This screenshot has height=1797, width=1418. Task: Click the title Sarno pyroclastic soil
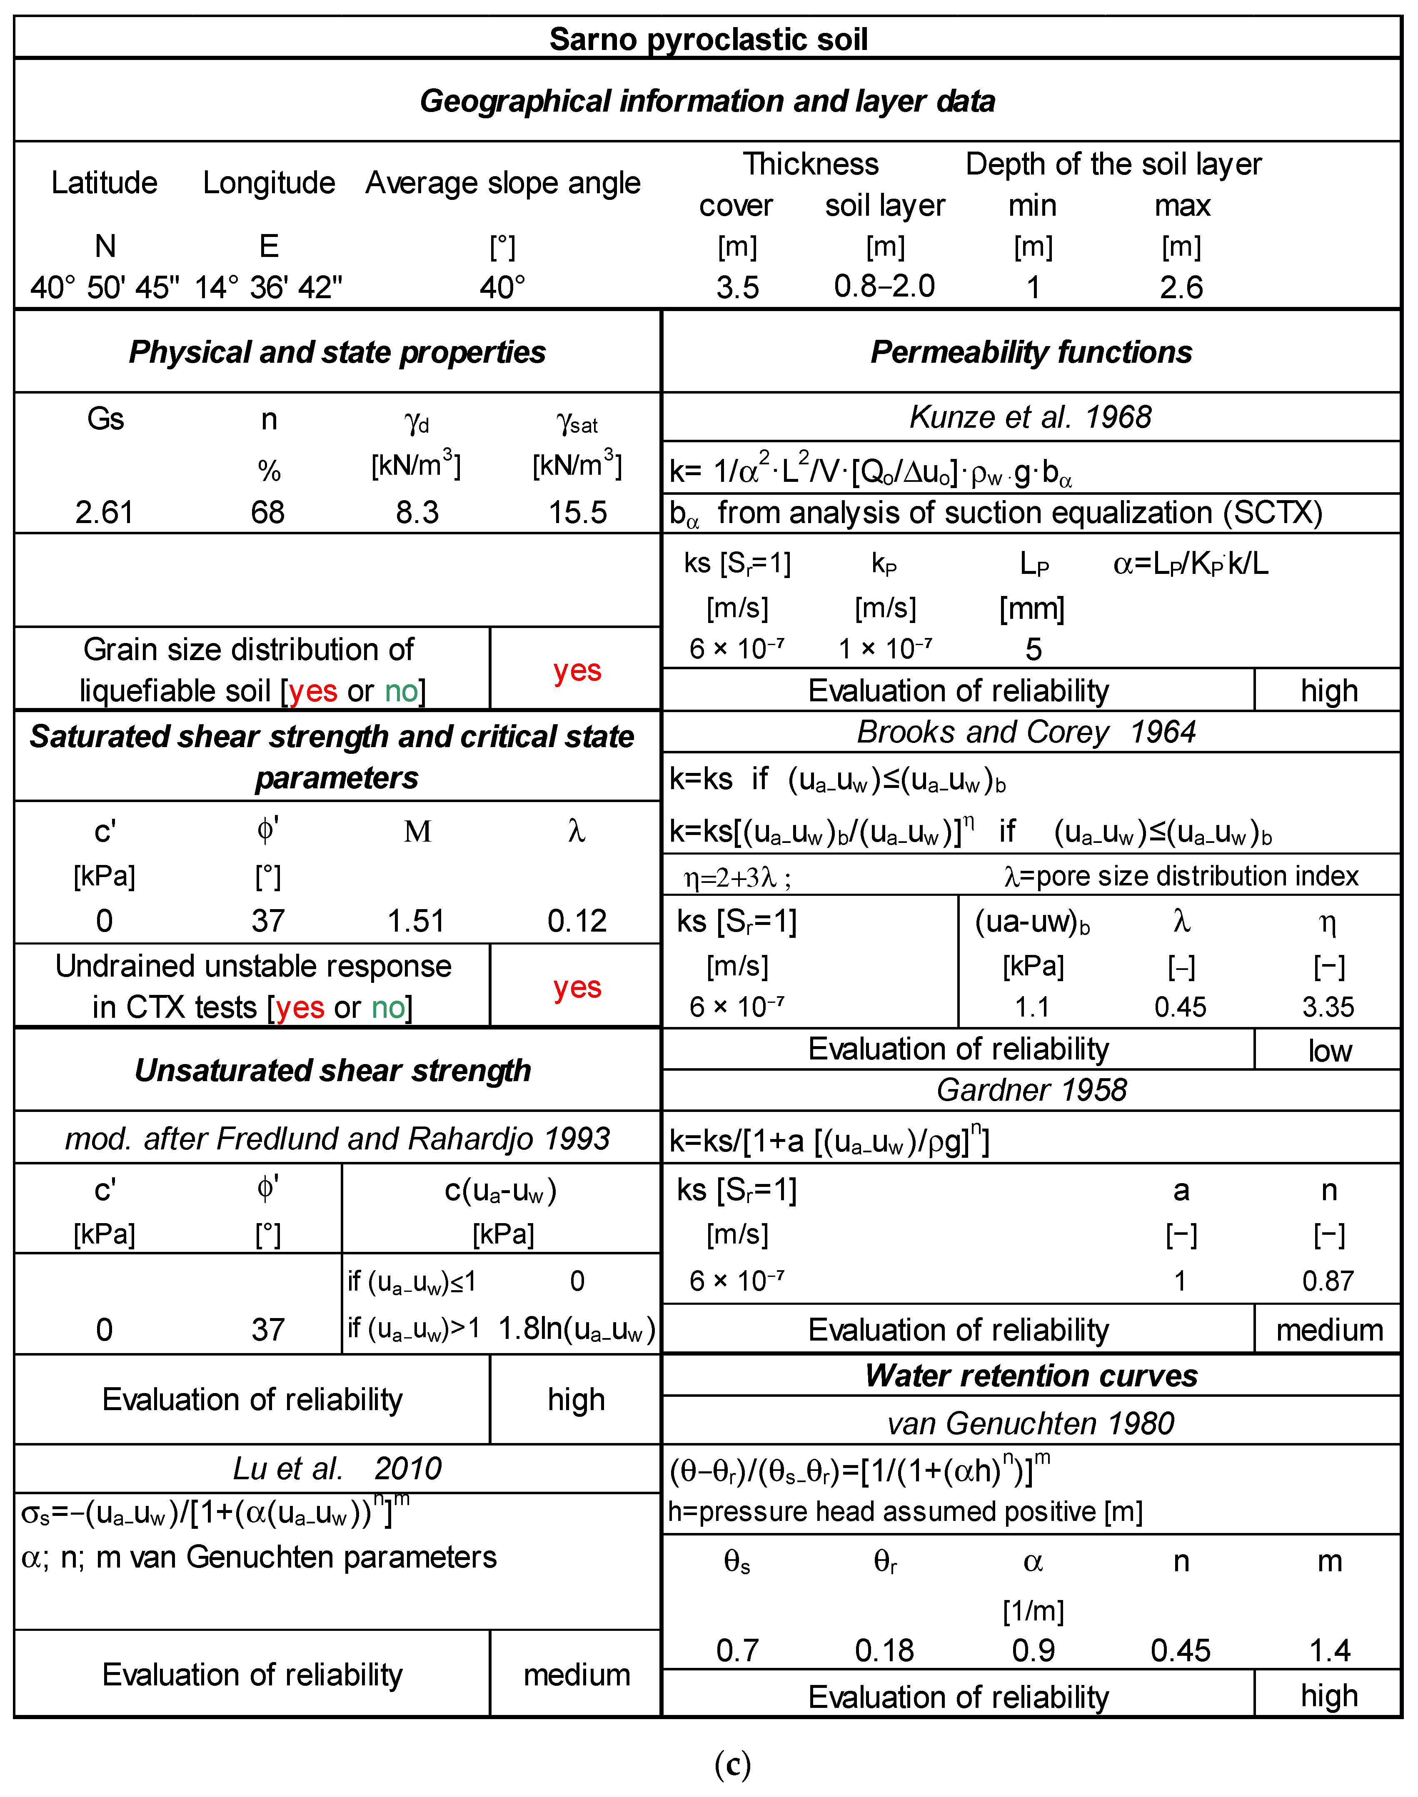[708, 39]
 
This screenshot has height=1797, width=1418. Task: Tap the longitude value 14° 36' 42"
[268, 287]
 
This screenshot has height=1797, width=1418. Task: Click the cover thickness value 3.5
[737, 287]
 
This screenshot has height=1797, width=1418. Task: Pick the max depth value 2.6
[1181, 287]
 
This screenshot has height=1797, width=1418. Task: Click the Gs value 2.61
[105, 512]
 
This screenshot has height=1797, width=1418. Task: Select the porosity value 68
[268, 512]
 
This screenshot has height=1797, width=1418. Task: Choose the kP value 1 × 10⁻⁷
[885, 648]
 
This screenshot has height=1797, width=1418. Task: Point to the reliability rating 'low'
[1329, 1051]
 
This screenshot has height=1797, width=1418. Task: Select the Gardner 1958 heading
[1031, 1090]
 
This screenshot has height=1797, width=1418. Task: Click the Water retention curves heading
[1031, 1376]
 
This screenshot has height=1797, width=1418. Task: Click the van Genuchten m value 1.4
[1329, 1650]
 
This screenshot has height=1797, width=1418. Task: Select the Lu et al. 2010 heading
[337, 1468]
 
